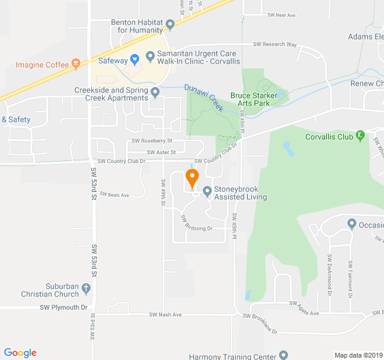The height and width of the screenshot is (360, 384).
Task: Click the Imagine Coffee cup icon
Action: tap(76, 63)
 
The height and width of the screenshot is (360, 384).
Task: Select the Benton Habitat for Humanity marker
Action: tap(170, 25)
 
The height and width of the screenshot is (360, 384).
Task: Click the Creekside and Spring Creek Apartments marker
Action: tap(155, 92)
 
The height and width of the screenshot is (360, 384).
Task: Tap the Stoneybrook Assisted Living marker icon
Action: tap(207, 192)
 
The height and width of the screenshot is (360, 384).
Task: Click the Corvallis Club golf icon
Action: tap(360, 136)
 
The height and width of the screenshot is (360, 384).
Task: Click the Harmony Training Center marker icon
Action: tap(284, 355)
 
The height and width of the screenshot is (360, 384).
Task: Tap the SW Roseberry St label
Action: tap(152, 140)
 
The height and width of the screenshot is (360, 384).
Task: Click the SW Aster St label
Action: tap(161, 152)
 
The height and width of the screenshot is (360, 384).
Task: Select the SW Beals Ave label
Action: tap(115, 195)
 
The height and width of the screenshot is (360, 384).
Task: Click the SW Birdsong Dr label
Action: tap(197, 223)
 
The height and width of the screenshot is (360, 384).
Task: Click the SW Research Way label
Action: tap(275, 44)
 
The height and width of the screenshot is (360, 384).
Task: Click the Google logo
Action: tap(20, 353)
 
